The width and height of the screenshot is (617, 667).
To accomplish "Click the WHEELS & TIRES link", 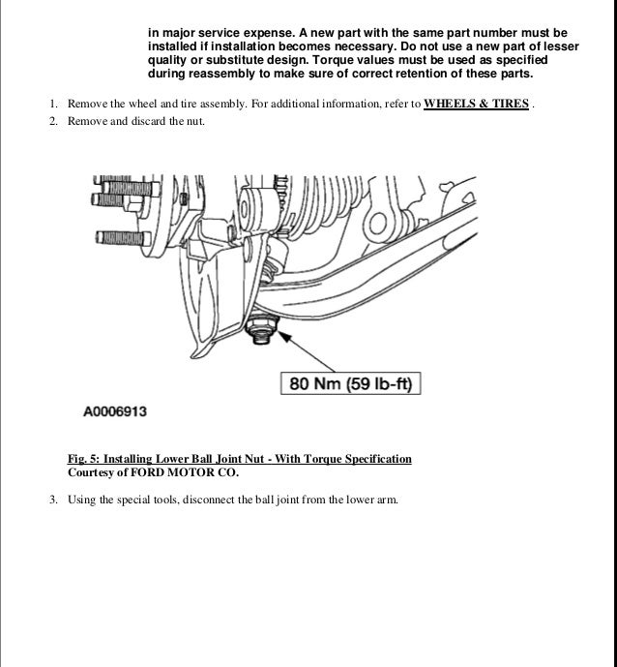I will tap(476, 105).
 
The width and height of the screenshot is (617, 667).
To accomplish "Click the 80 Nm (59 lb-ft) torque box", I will tap(350, 384).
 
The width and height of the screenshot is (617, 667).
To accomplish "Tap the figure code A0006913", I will tap(115, 411).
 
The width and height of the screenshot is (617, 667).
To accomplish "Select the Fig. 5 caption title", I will tap(240, 459).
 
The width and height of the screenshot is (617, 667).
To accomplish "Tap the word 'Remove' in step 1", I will tap(86, 105).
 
